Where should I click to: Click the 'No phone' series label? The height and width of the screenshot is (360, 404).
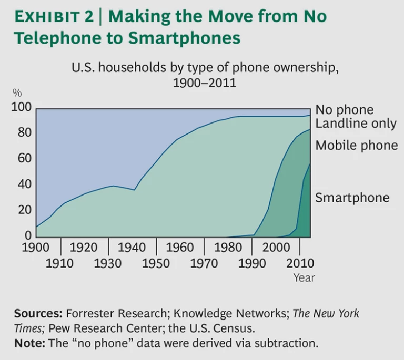(x=344, y=110)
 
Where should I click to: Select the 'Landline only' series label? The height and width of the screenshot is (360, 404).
(x=356, y=124)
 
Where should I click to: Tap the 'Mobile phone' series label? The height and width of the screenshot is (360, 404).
(x=357, y=146)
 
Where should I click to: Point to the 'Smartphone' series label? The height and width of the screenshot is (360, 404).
(x=352, y=198)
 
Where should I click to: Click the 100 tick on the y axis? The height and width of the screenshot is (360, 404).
(x=22, y=108)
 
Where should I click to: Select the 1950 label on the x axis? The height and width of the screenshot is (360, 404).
(x=155, y=262)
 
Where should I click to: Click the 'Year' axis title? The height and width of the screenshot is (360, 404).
(x=304, y=277)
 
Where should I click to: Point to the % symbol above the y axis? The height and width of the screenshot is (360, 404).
(x=17, y=93)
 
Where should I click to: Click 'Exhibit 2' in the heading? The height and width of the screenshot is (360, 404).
(x=53, y=17)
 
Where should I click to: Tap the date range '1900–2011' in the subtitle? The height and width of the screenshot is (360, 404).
(x=204, y=83)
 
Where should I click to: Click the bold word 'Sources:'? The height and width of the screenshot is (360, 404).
(x=38, y=314)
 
